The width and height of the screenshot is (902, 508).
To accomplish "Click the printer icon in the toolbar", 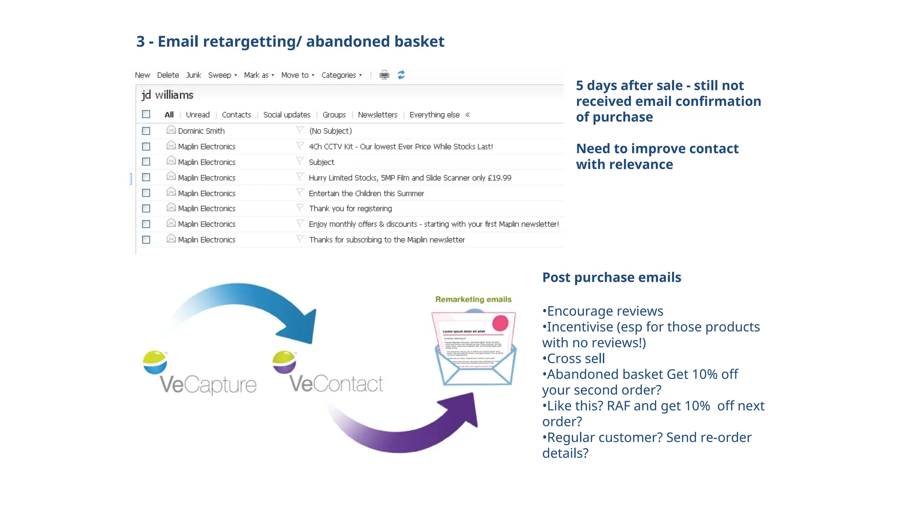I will [x=384, y=75].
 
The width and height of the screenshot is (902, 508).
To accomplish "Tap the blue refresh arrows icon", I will [x=401, y=75].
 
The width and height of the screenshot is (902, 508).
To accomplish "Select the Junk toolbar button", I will [x=193, y=75].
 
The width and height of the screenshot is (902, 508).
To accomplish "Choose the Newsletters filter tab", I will [x=377, y=115].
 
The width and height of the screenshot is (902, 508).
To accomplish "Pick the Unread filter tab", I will [x=198, y=115].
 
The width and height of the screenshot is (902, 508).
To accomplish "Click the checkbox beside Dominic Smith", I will [x=146, y=131].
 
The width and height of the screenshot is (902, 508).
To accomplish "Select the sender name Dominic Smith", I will [x=201, y=131].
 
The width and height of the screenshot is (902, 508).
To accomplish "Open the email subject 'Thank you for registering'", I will [x=350, y=209].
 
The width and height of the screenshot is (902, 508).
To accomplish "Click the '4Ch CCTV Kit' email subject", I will [x=400, y=147].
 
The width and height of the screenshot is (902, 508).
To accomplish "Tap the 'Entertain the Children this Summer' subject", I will [x=366, y=194].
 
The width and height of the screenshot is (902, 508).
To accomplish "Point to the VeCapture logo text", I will [x=208, y=385].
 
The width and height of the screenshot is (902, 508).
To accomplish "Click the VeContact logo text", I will [x=336, y=384].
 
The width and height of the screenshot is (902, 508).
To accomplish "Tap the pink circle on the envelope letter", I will [x=500, y=323].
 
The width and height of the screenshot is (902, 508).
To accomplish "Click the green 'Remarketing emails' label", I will [x=473, y=299].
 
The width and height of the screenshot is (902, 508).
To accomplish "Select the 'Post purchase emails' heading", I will [x=611, y=277].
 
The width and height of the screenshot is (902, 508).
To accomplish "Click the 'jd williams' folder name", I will [x=167, y=95].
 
